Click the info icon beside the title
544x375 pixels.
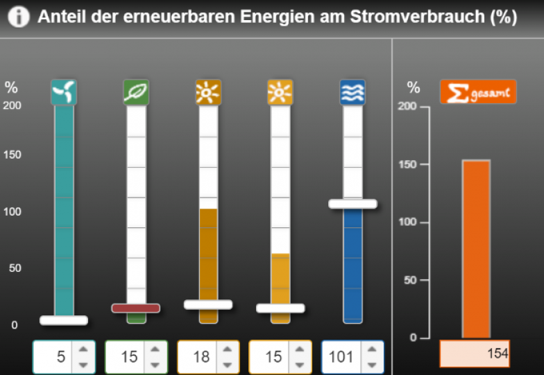click(18, 17)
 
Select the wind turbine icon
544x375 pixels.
click(64, 92)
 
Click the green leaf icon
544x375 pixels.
click(136, 92)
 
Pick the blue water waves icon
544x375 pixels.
click(352, 92)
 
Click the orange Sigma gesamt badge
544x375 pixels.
click(478, 92)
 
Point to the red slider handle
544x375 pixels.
click(136, 308)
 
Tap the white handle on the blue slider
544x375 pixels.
click(352, 204)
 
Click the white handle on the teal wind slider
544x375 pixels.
click(64, 320)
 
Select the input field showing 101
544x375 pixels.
click(341, 357)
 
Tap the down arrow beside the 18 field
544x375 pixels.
click(228, 365)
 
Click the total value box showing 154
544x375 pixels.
click(475, 354)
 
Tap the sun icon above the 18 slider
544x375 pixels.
click(208, 92)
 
